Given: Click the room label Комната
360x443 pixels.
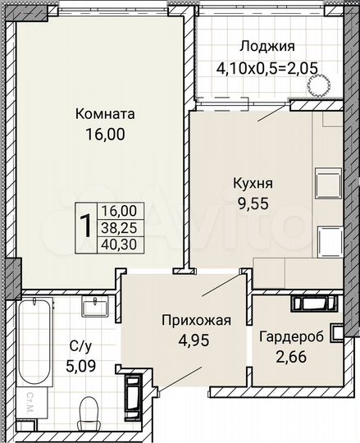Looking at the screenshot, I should (104, 115).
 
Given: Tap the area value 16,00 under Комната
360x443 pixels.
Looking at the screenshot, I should (104, 135).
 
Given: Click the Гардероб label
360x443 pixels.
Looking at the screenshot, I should (290, 336).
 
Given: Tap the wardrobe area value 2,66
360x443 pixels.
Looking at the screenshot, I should (290, 356).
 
